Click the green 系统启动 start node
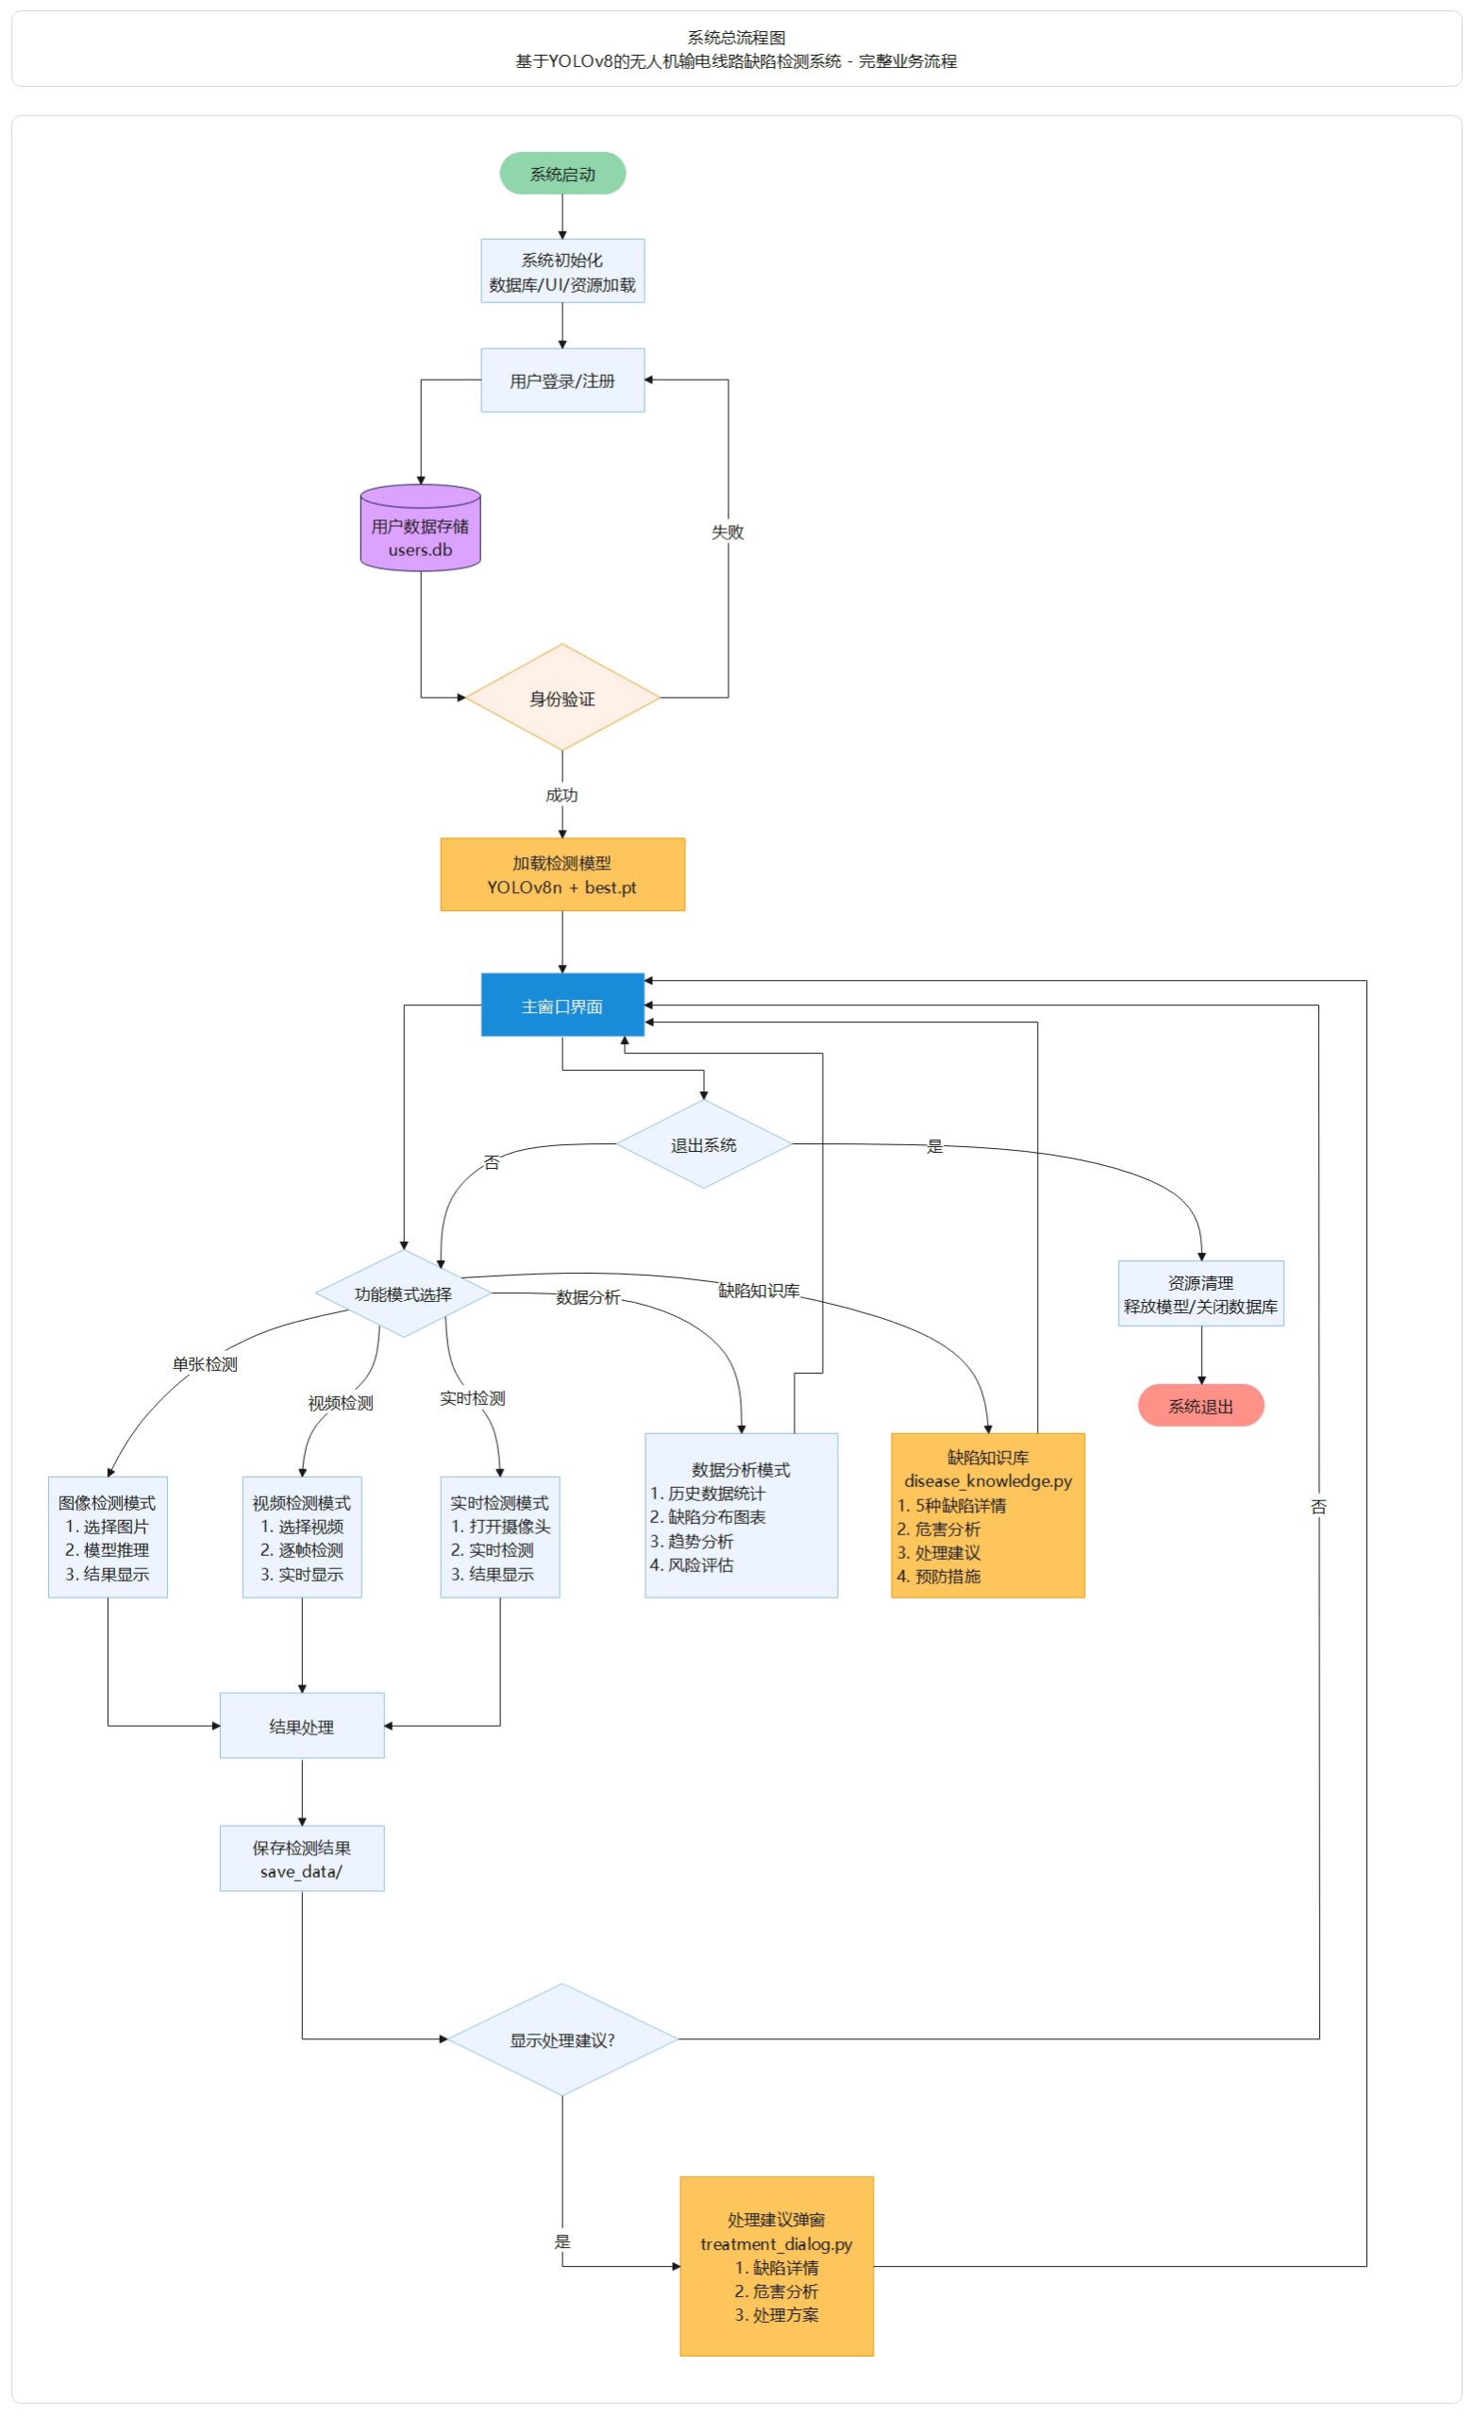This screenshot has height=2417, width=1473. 562,174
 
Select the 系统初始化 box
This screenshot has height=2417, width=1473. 562,271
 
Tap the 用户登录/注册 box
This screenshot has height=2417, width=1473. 562,380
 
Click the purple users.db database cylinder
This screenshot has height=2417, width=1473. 421,528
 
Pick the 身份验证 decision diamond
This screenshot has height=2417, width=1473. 562,698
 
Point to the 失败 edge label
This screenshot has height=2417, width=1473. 728,532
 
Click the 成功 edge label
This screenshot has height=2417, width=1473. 562,795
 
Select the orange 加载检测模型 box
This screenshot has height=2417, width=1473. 562,874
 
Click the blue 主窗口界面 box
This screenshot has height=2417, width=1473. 562,1005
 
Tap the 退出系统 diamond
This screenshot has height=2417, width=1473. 703,1143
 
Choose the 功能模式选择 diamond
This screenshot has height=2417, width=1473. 403,1293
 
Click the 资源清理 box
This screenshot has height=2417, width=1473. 1200,1293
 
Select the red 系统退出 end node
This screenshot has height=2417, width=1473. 1200,1405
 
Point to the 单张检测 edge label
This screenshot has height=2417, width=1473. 205,1363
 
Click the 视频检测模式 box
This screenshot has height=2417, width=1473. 302,1536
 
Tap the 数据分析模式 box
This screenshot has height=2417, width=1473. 742,1514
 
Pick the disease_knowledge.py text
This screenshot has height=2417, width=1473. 988,1480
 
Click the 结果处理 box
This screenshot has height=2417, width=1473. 302,1726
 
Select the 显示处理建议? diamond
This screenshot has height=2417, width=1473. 562,2039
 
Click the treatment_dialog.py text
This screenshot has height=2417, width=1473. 776,2243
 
